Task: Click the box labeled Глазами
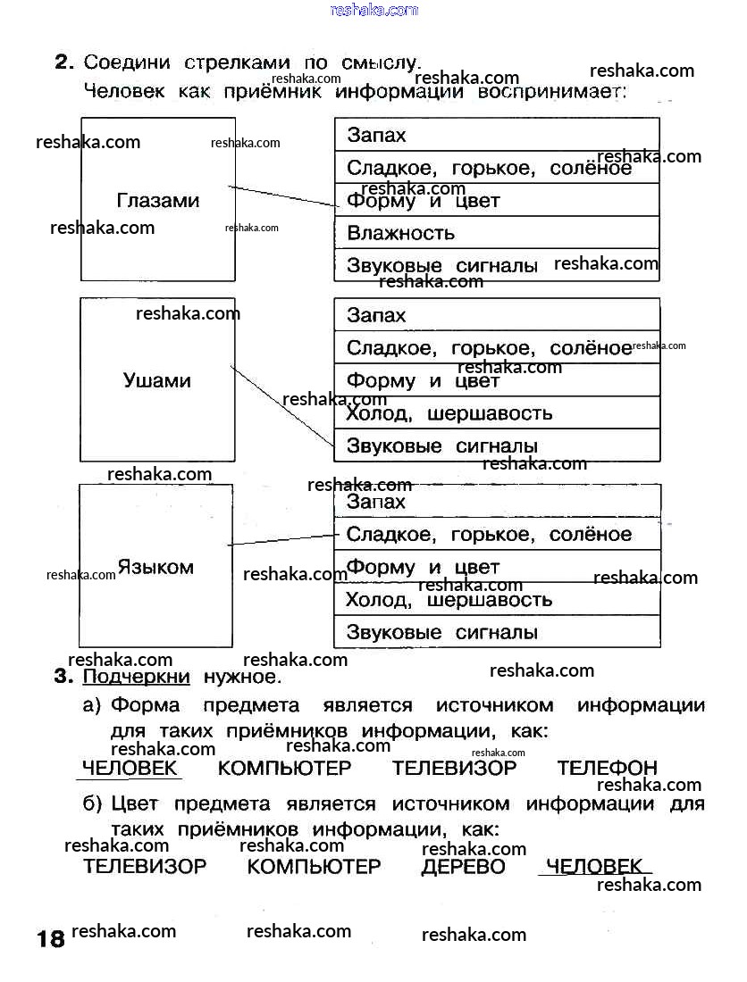point(157,199)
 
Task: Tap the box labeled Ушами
point(157,379)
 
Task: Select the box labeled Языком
point(155,566)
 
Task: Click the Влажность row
point(497,233)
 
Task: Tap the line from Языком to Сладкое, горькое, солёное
point(281,540)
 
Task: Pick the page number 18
point(50,938)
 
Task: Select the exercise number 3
point(63,676)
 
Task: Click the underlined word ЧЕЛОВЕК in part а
point(130,768)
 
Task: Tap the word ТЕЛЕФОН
point(607,768)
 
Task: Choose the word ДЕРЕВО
point(463,866)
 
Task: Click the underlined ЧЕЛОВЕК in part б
point(593,865)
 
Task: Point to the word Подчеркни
point(137,677)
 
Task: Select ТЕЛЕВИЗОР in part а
point(454,768)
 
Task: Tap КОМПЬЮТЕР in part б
point(314,866)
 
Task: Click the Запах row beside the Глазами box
point(497,135)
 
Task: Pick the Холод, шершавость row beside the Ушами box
point(497,413)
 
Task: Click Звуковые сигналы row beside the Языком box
point(497,633)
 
